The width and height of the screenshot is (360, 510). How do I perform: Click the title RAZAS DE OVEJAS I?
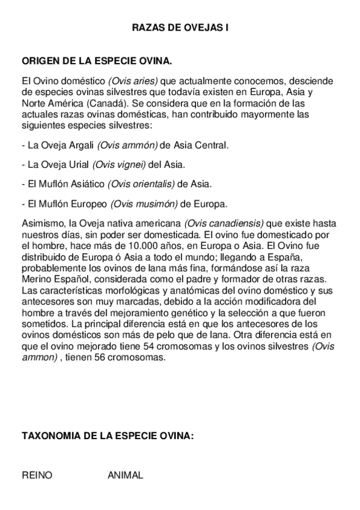180,27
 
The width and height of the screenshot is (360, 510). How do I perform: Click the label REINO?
37,475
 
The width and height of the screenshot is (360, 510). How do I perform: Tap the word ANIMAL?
125,475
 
